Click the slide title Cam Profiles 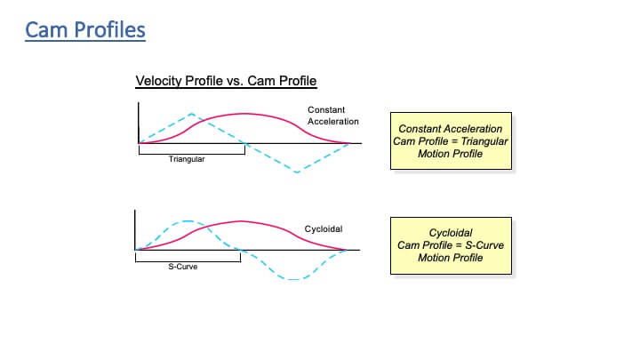point(85,30)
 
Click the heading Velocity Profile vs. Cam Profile point(226,81)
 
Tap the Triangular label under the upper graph point(187,159)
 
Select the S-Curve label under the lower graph point(183,267)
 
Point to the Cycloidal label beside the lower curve point(324,229)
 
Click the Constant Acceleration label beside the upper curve point(333,116)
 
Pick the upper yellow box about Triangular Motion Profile point(451,140)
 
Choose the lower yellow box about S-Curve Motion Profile point(451,245)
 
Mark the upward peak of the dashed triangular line point(191,114)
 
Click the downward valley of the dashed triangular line point(297,172)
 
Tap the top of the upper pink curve point(244,114)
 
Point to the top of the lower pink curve point(241,221)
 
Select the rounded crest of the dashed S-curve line point(187,221)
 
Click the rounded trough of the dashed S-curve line point(293,279)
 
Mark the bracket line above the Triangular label point(192,155)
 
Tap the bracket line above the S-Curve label point(188,261)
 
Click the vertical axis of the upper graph point(139,123)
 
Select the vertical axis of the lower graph point(135,230)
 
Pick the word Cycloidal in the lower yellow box point(451,233)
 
